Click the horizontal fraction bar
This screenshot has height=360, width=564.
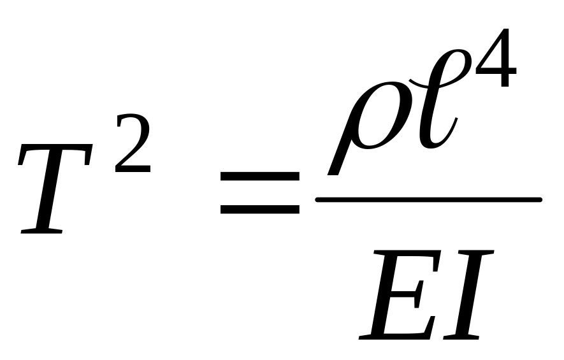(x=428, y=199)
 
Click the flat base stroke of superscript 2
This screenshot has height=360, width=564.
(x=134, y=169)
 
